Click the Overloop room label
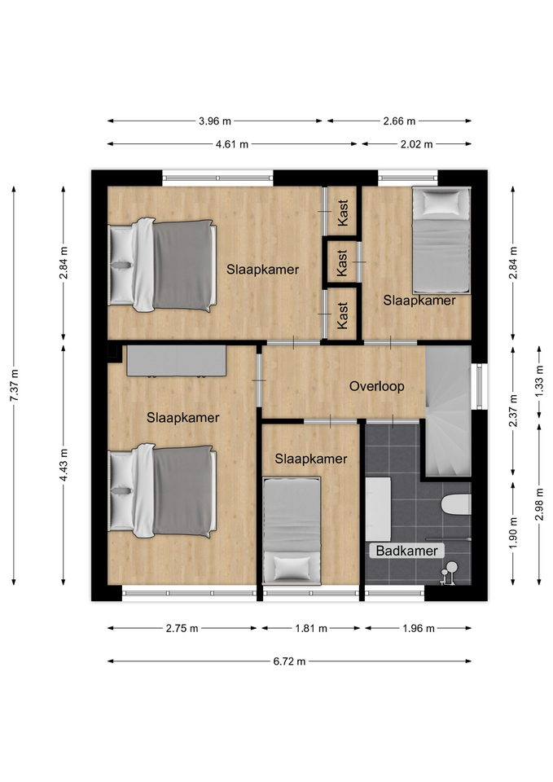pos(376,386)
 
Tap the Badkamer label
pos(406,551)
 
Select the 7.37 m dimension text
pos(14,385)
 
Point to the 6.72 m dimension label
pos(289,661)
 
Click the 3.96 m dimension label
pos(215,121)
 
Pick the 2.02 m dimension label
pos(416,144)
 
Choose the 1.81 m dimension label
pos(311,628)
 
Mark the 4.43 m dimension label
pos(64,465)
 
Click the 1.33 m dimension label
pos(539,381)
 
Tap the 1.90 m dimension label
pos(514,532)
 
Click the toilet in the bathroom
pos(456,504)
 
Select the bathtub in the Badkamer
pos(378,509)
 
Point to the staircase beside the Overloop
pos(448,411)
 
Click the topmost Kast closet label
pos(343,213)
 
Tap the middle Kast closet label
pos(342,263)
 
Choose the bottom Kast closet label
pos(342,315)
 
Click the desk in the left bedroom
pos(177,361)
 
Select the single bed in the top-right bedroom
pos(441,239)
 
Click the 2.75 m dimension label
pos(182,628)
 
